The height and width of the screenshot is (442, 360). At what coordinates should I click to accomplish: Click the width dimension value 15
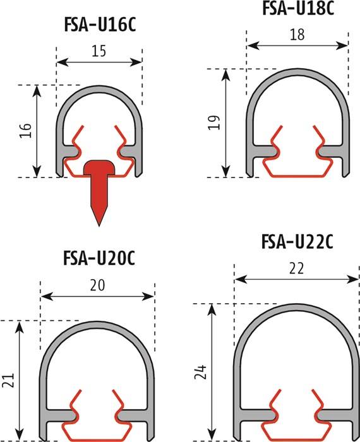point(99,51)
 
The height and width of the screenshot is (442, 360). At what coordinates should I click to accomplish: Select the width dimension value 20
point(98,285)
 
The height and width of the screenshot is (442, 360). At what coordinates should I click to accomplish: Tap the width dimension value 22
point(296,268)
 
